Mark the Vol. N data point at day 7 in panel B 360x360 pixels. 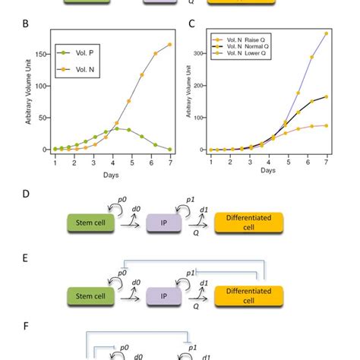169,45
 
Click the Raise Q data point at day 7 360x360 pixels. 326,33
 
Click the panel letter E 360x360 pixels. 27,258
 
